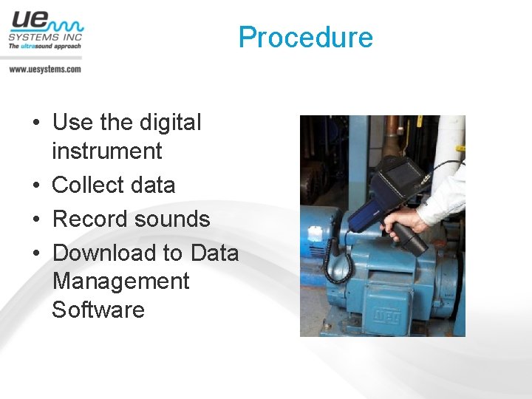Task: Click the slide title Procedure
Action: pyautogui.click(x=305, y=37)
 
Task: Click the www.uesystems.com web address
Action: pyautogui.click(x=45, y=69)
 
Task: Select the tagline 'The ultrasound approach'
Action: pyautogui.click(x=44, y=46)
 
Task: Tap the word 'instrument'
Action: pyautogui.click(x=106, y=151)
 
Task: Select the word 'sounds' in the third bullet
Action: pyautogui.click(x=176, y=219)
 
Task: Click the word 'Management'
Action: pyautogui.click(x=121, y=281)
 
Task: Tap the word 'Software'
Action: pyautogui.click(x=98, y=309)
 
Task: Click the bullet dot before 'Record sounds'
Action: pyautogui.click(x=37, y=219)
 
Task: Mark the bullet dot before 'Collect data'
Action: pyautogui.click(x=37, y=185)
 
